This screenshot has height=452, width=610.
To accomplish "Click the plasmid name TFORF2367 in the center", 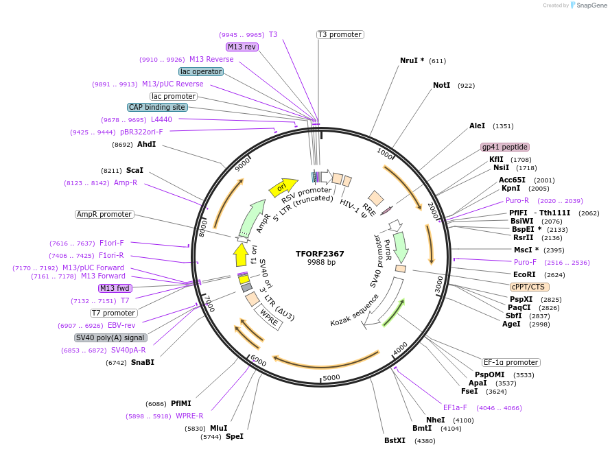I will pos(320,253).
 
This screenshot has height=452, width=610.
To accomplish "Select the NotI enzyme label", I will pos(442,86).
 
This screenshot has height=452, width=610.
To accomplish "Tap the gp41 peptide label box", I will pos(505,147).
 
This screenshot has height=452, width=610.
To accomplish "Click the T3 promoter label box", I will pos(340,34).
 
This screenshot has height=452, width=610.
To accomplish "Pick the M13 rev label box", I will pos(242,47).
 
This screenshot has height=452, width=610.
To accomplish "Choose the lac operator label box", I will pos(200,71).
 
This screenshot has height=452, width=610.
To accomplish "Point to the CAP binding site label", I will pos(157,107).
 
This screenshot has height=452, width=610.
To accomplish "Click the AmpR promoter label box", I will pos(104,214).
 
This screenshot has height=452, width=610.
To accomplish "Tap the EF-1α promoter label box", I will pos(511,362).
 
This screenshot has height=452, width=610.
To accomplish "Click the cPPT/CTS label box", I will pos(528,287).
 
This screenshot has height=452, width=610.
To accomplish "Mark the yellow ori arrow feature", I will pos(282,186).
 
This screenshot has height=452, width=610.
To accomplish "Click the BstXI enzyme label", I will pos(395,440).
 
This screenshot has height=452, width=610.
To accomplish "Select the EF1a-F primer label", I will pos(455,407).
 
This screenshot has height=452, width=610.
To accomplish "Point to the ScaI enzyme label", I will pos(134,170).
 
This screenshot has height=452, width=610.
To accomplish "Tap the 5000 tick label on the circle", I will pos(331,377).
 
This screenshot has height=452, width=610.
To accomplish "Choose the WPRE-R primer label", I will pos(189,416).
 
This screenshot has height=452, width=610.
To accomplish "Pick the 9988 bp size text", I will pos(321,262).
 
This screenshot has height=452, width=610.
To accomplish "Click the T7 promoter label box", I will pos(113,313).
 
